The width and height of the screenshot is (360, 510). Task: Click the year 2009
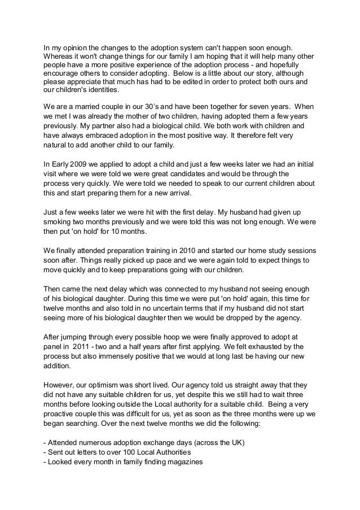81,164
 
